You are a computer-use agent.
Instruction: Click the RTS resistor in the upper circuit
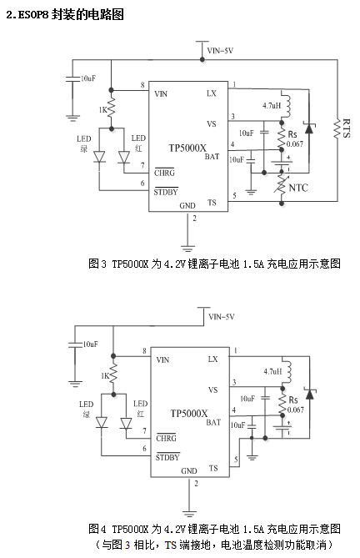click(x=337, y=128)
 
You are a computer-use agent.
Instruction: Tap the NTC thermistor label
click(x=298, y=188)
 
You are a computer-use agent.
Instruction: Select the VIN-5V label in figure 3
click(x=220, y=51)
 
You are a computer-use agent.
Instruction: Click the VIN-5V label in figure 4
click(x=222, y=317)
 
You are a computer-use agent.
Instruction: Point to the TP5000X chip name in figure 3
click(x=187, y=148)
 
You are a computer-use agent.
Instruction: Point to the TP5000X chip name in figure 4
click(x=188, y=414)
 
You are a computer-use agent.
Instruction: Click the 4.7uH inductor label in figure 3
click(x=272, y=105)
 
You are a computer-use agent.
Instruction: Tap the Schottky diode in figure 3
click(x=309, y=128)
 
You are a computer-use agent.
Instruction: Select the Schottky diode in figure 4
click(x=309, y=394)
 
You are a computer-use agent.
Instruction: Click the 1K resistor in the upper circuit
click(x=111, y=108)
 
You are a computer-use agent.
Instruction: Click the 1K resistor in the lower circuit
click(x=113, y=375)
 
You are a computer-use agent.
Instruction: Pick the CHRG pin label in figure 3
click(x=164, y=173)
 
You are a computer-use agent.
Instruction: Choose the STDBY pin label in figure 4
click(x=167, y=457)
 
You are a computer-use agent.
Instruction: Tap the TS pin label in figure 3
click(x=212, y=203)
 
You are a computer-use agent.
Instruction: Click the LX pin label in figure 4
click(x=212, y=359)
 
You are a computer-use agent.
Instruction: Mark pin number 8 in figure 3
click(x=142, y=85)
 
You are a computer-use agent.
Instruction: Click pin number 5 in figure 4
click(x=236, y=460)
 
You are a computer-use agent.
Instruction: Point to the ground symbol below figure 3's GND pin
click(x=187, y=248)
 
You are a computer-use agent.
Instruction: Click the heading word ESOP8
click(x=32, y=15)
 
